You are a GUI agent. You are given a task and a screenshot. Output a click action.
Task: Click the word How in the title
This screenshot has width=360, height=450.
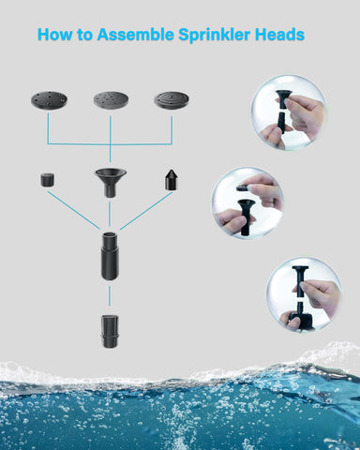(55, 36)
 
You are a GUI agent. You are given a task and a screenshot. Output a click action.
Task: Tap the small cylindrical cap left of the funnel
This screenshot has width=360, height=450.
(47, 179)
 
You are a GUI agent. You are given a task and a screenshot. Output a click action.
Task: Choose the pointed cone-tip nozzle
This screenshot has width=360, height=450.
(172, 180)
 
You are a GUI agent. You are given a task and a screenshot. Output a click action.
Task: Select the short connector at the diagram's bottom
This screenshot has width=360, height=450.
(110, 332)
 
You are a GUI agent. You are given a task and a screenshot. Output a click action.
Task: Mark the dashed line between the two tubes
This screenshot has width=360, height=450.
(110, 297)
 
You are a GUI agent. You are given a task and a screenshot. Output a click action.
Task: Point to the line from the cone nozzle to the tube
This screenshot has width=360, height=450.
(146, 209)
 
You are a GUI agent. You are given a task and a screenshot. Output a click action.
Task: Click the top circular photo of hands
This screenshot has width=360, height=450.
(288, 112)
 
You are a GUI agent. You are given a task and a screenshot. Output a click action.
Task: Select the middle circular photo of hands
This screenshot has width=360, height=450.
(247, 202)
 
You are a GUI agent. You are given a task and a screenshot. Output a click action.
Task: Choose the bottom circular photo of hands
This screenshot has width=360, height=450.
(302, 293)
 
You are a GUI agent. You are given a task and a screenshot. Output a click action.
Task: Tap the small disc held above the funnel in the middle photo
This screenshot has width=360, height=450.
(243, 187)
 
